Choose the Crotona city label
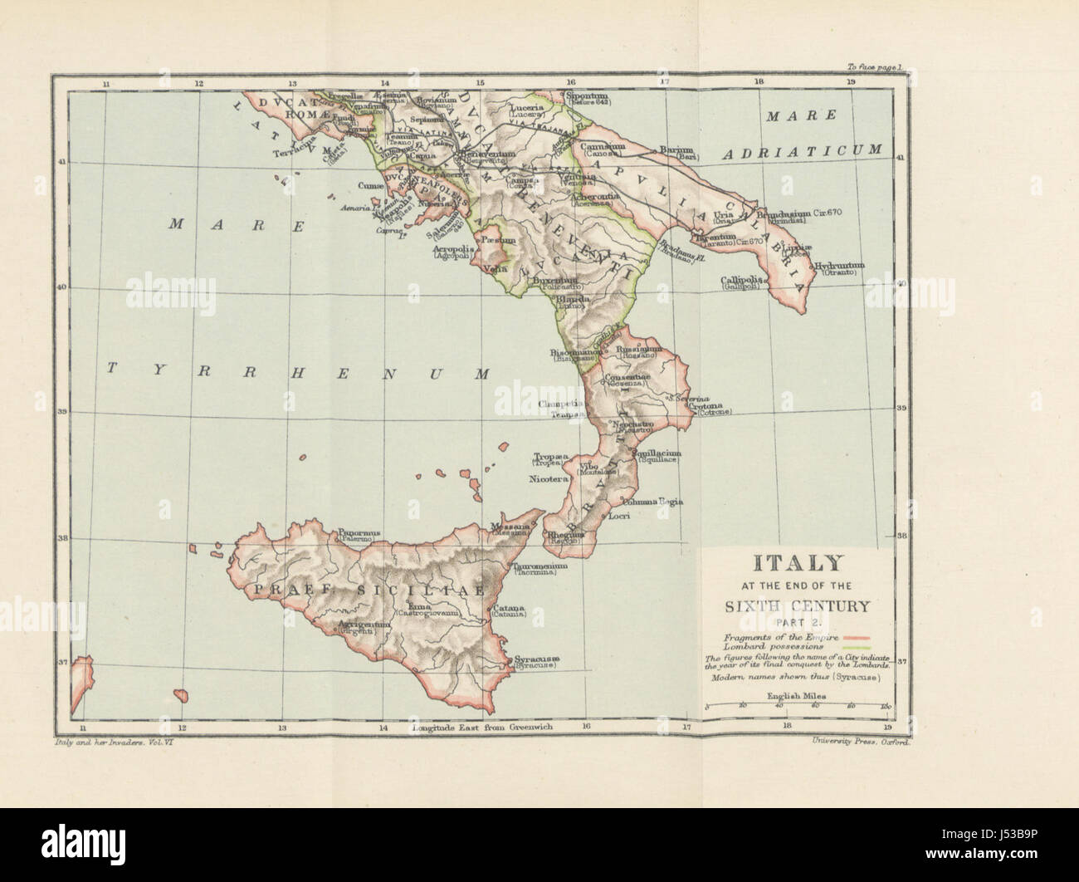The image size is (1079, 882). (714, 409)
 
